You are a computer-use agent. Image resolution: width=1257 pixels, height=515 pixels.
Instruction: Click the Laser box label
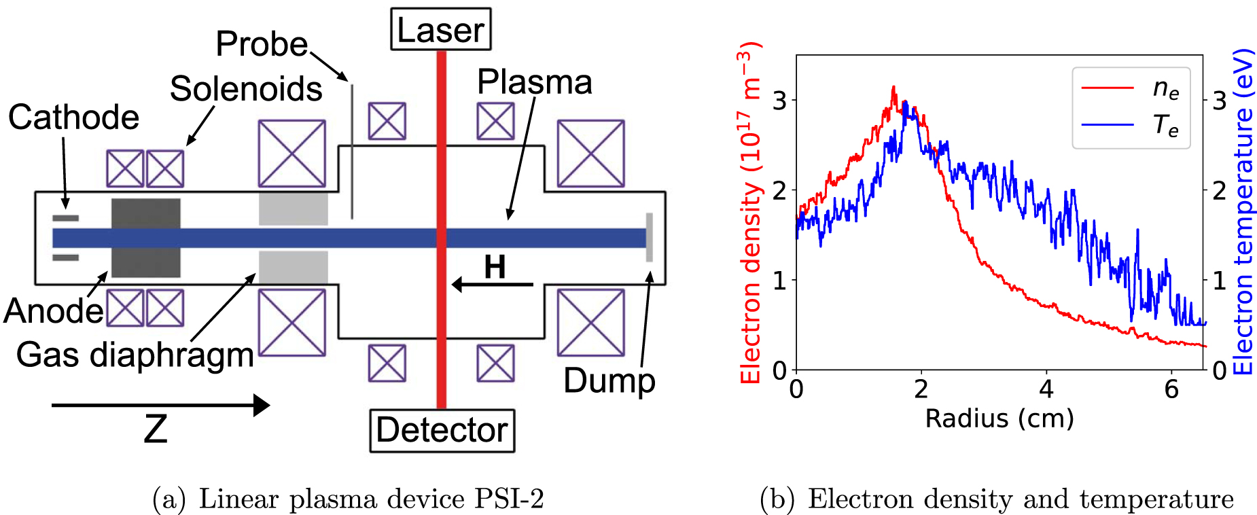[x=440, y=30]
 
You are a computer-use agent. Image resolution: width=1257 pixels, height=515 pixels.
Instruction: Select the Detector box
[x=442, y=430]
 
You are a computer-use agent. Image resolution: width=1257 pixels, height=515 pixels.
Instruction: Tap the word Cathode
[x=73, y=118]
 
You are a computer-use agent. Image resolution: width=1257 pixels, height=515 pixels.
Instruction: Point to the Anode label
[x=53, y=311]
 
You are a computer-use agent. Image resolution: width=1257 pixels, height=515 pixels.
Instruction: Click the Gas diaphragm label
[x=135, y=355]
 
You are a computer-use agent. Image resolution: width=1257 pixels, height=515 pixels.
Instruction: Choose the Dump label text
[x=609, y=380]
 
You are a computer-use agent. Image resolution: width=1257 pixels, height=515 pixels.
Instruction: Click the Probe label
[x=262, y=44]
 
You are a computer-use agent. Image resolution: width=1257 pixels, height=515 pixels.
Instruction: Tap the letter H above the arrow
[x=495, y=266]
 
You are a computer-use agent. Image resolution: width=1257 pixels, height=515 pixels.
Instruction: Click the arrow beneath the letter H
[x=492, y=284]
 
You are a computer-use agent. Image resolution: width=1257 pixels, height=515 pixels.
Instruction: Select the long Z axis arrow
[x=160, y=406]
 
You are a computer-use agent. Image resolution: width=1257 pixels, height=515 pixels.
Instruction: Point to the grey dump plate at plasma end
[x=649, y=237]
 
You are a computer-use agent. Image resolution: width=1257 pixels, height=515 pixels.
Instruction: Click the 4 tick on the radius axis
[x=1046, y=389]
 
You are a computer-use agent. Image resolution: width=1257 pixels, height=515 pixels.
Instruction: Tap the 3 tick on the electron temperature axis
[x=1220, y=101]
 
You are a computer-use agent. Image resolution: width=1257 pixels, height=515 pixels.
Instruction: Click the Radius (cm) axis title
[x=999, y=418]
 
